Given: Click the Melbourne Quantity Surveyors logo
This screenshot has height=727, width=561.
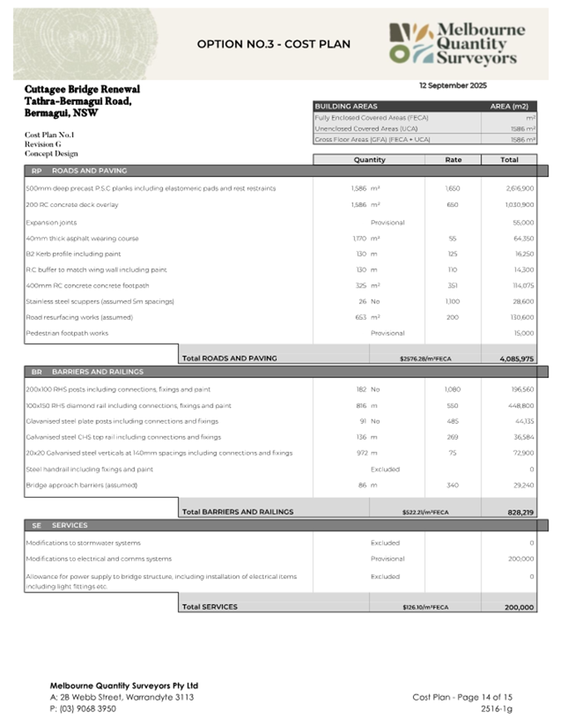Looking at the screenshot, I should [x=457, y=43].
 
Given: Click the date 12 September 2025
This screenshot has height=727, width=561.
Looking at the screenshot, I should [x=453, y=86].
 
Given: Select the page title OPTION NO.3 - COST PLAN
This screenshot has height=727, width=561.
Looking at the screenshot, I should [x=273, y=44].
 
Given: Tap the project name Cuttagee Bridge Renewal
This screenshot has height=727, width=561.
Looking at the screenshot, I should [x=82, y=89].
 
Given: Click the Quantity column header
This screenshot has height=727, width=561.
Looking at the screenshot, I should [x=369, y=160].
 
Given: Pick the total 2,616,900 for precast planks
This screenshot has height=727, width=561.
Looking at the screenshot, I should [x=518, y=189].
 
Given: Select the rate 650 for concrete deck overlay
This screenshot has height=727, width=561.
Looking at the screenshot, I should [x=453, y=204].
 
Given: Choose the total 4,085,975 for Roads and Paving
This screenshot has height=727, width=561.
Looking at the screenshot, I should [x=516, y=358].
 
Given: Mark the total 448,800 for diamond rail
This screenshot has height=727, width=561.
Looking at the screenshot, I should [x=519, y=405].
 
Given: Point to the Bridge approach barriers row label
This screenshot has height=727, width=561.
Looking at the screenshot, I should [x=81, y=484].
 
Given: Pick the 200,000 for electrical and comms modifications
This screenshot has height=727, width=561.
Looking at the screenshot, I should [x=519, y=559].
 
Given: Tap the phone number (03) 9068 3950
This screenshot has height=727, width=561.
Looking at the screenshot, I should [x=82, y=709].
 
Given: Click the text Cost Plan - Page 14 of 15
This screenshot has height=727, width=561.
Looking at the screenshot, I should [x=461, y=697].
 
